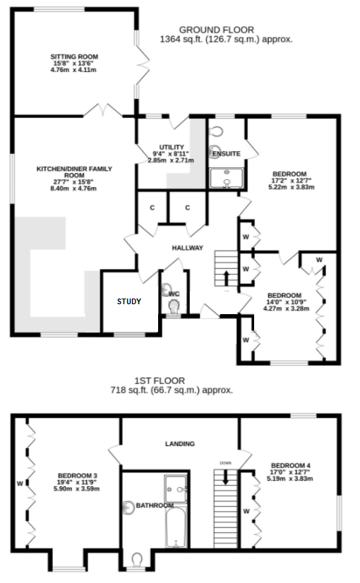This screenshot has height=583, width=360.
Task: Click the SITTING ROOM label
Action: click(x=74, y=56)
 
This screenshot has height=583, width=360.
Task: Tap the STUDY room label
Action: click(x=129, y=301)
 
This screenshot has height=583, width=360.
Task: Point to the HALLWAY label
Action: click(x=188, y=248)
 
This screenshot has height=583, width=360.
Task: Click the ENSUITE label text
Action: click(x=226, y=153)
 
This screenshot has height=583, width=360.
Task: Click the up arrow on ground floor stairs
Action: click(x=226, y=277)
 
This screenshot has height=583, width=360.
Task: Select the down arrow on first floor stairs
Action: click(x=226, y=476)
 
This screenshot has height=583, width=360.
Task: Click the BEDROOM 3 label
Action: click(x=78, y=475)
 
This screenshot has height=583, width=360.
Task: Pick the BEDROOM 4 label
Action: click(x=291, y=465)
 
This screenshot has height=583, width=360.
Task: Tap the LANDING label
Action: click(x=180, y=444)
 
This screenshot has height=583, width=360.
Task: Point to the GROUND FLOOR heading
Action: click(x=217, y=30)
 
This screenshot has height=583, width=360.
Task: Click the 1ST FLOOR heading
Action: click(x=172, y=379)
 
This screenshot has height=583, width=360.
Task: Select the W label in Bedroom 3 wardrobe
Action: click(x=20, y=483)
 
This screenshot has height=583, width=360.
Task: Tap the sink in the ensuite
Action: click(x=226, y=181)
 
